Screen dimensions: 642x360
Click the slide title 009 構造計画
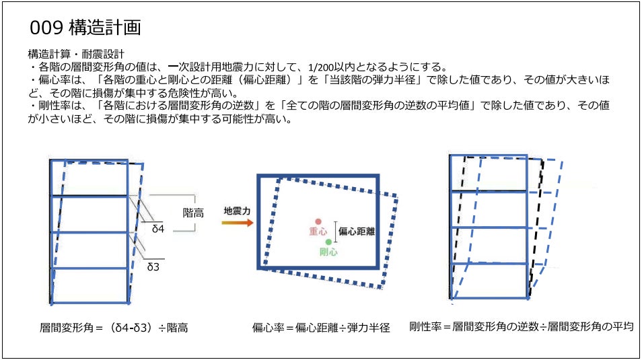85,28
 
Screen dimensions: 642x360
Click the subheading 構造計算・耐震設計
76,54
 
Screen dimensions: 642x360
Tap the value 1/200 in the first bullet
321,67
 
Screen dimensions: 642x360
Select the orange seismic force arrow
238,223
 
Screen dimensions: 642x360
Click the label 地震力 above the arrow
237,211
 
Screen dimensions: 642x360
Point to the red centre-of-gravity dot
318,221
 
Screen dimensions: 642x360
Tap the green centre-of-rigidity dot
328,242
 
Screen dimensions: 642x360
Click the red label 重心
318,231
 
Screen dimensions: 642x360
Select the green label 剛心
328,252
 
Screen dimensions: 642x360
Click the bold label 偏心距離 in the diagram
357,231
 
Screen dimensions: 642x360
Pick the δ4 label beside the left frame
158,229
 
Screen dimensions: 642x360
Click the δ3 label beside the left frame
153,267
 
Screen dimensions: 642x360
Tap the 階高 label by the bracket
193,213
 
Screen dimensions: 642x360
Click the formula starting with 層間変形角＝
114,328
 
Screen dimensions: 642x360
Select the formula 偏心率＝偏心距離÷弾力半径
321,328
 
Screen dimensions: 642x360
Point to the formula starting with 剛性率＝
522,326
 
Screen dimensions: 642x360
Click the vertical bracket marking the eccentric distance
336,232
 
